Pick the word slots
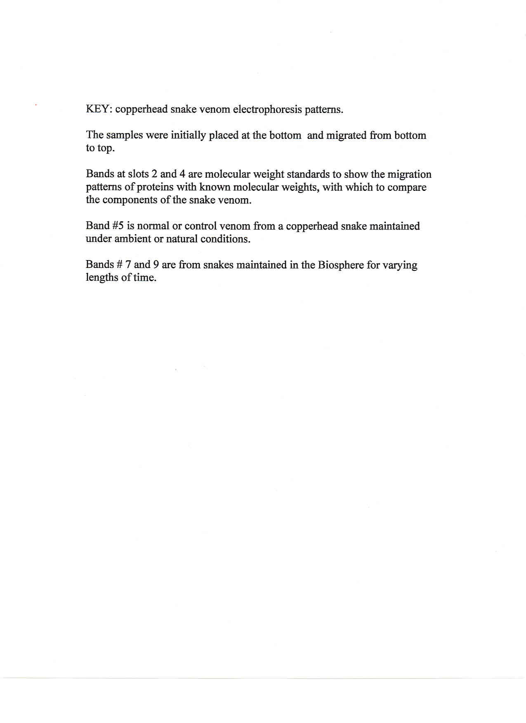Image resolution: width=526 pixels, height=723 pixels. click(138, 174)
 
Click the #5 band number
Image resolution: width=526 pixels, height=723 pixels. click(118, 226)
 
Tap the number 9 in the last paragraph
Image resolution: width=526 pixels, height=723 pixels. click(156, 265)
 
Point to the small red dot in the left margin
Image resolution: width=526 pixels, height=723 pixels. click(36, 106)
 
